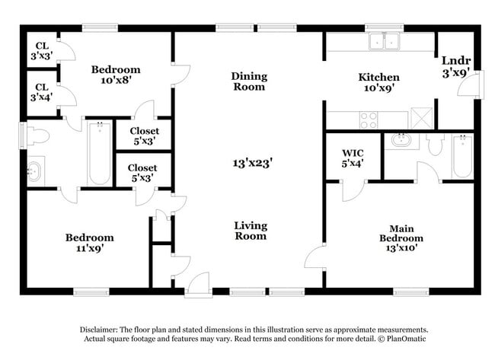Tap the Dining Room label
249,81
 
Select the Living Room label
250,231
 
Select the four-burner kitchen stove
369,119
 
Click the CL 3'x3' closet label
40,50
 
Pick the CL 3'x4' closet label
40,92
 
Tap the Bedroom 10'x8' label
115,75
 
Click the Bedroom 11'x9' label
88,242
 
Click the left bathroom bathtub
99,154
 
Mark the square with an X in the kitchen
421,119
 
